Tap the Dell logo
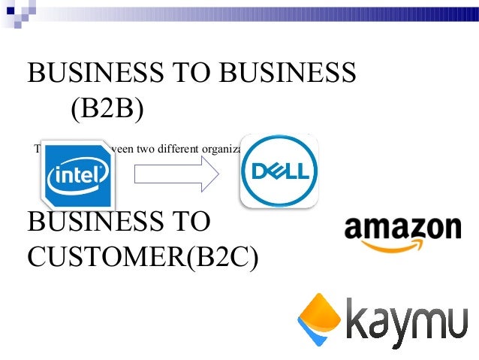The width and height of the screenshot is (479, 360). coord(279,171)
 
